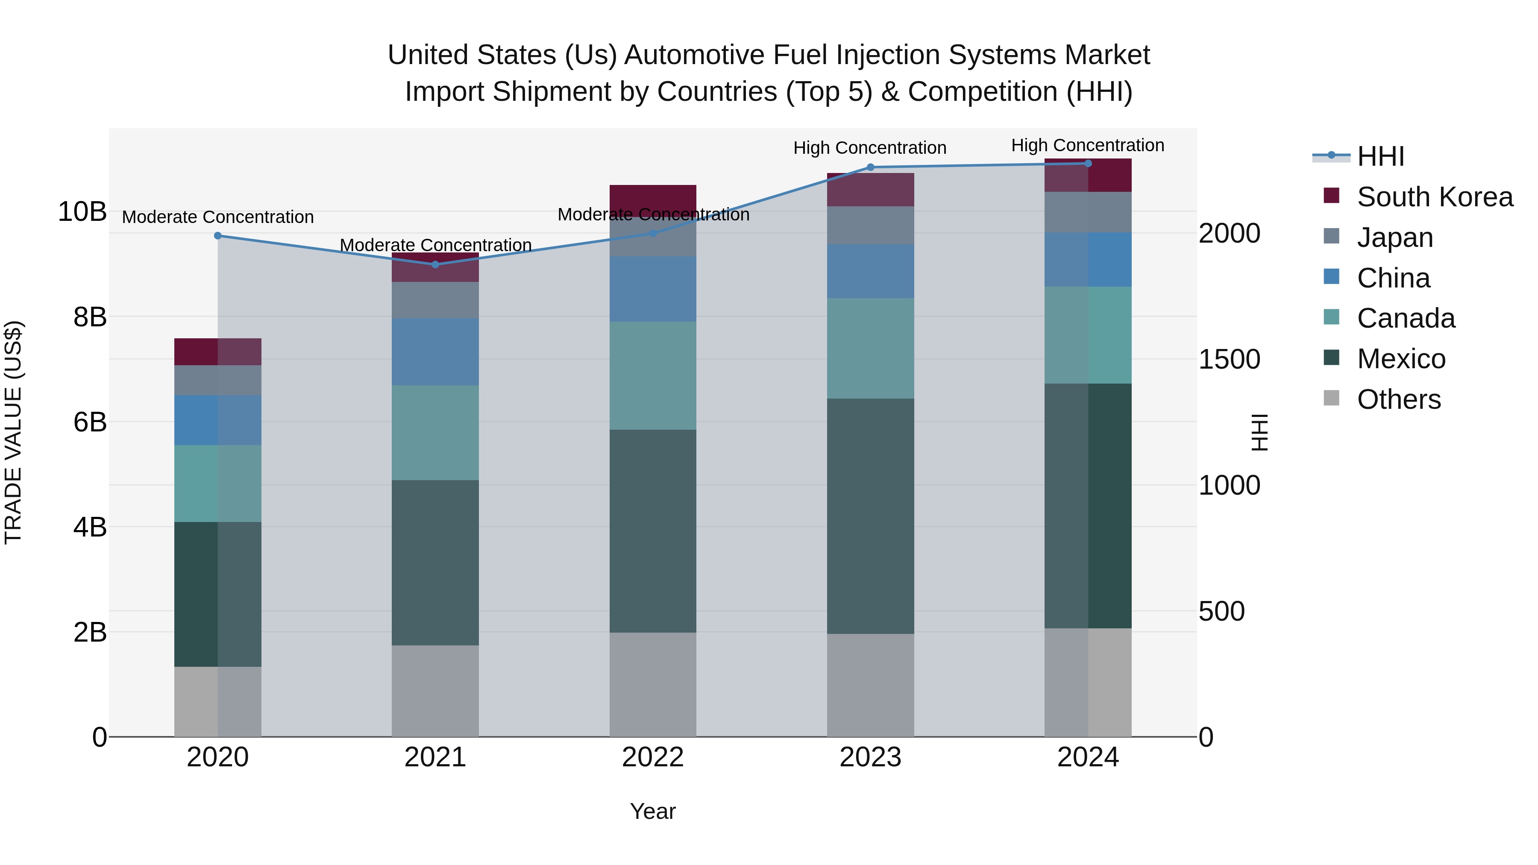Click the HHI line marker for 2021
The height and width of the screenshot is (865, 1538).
[x=435, y=264]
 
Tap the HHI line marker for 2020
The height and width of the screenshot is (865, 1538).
[x=218, y=236]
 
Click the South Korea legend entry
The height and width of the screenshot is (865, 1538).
[x=1434, y=197]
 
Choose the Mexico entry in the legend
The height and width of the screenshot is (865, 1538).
[x=1401, y=359]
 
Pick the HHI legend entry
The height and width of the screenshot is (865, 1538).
[x=1380, y=156]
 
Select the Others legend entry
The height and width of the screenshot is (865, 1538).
[x=1398, y=399]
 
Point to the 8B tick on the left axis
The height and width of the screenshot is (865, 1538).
[x=90, y=317]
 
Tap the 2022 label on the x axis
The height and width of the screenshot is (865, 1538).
[x=652, y=757]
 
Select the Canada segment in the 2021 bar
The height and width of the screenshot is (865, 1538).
[x=435, y=432]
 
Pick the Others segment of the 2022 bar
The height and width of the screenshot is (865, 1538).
[x=652, y=684]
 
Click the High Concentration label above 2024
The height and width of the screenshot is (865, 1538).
[x=1087, y=145]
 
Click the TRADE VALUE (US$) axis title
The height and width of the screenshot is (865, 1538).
[x=13, y=432]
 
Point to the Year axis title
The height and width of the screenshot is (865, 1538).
[x=652, y=811]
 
